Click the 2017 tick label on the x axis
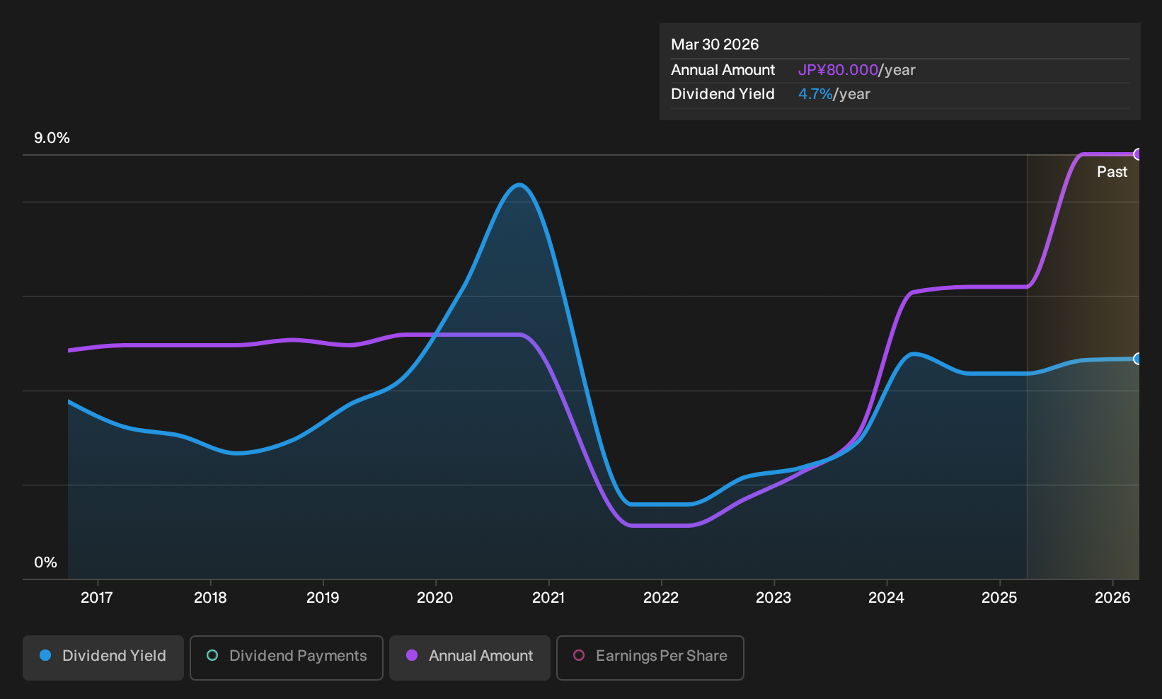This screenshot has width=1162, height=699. tap(97, 598)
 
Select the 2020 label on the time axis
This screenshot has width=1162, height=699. tap(435, 598)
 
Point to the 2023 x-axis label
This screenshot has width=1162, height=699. tap(773, 598)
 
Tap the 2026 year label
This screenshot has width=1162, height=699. tap(1112, 598)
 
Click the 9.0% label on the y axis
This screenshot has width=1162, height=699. tap(52, 138)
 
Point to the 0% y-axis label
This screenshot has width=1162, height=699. tap(46, 562)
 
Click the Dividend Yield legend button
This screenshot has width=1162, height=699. tap(103, 657)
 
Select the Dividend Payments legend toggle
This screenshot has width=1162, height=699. tap(287, 657)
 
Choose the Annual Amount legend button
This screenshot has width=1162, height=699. tap(469, 657)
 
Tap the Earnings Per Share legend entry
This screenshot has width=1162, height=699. tap(650, 657)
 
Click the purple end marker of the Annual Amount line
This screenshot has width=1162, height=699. tap(1137, 154)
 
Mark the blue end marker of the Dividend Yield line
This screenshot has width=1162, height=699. tap(1137, 358)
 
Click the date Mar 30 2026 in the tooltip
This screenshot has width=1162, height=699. tap(715, 45)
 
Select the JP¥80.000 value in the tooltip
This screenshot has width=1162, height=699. tap(838, 70)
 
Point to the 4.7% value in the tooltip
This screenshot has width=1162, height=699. tap(815, 94)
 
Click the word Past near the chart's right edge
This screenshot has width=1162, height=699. tap(1112, 172)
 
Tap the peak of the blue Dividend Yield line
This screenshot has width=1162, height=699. tap(519, 185)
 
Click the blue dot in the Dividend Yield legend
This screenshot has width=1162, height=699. tap(46, 655)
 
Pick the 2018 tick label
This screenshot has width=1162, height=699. tap(210, 598)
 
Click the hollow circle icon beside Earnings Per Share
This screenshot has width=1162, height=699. tap(579, 655)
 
